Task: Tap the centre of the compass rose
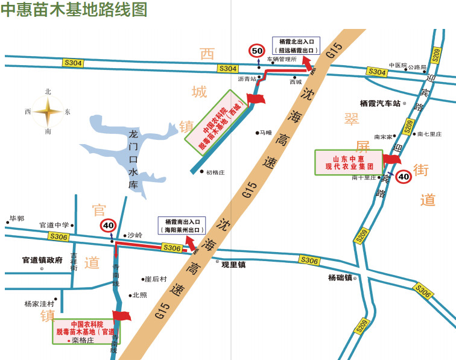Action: pyautogui.click(x=48, y=112)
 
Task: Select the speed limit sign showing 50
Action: pyautogui.click(x=257, y=51)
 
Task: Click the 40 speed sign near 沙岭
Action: pyautogui.click(x=108, y=226)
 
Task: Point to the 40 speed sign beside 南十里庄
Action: pyautogui.click(x=404, y=177)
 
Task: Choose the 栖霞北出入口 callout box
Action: pyautogui.click(x=296, y=46)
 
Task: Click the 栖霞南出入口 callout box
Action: pyautogui.click(x=182, y=226)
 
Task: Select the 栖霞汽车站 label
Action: pyautogui.click(x=380, y=103)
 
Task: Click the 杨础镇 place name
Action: pyautogui.click(x=340, y=278)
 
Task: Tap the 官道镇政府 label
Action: pyautogui.click(x=42, y=261)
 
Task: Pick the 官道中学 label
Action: pyautogui.click(x=54, y=225)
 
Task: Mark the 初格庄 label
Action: pyautogui.click(x=215, y=172)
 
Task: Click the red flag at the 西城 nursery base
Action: pyautogui.click(x=255, y=99)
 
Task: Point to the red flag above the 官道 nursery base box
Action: pyautogui.click(x=122, y=316)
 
